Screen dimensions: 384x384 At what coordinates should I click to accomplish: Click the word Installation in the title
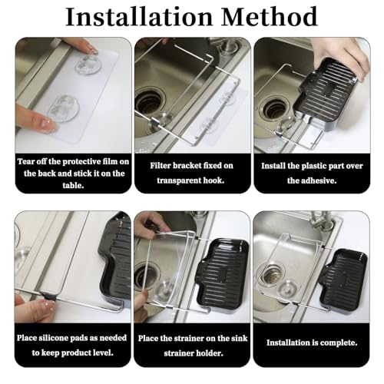[139, 17]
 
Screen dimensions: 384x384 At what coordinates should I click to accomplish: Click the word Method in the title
[270, 17]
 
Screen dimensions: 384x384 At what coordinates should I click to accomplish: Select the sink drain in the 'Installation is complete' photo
[273, 274]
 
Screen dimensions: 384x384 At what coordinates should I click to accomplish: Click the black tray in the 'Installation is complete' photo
[343, 277]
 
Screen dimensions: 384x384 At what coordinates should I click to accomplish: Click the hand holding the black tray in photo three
[340, 58]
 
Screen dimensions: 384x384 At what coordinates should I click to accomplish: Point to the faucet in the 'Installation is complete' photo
[323, 220]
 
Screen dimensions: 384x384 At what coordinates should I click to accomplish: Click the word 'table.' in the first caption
[73, 185]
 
